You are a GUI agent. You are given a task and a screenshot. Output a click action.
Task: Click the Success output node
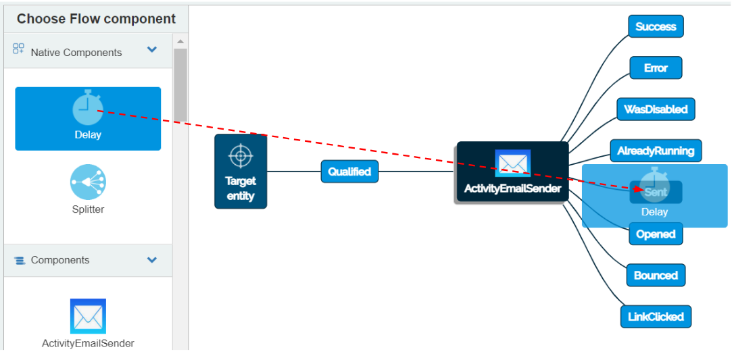[x=656, y=27]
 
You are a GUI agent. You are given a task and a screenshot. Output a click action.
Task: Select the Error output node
[x=656, y=68]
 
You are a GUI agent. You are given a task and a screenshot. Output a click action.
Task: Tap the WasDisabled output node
[x=656, y=109]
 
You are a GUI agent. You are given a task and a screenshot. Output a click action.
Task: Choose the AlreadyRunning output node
[x=656, y=151]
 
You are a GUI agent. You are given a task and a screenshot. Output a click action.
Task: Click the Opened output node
[x=656, y=234]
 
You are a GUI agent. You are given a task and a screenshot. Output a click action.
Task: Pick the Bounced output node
[x=656, y=276]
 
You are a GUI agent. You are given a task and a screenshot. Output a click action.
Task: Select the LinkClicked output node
[x=656, y=317]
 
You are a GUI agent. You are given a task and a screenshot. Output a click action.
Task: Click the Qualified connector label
[x=349, y=172]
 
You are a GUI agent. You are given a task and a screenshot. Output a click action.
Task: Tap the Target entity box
[x=241, y=172]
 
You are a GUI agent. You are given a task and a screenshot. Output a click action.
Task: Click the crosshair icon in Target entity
[x=241, y=156]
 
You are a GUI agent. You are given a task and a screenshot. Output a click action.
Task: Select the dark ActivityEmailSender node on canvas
[x=512, y=172]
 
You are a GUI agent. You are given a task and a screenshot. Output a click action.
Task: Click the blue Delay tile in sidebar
[x=88, y=119]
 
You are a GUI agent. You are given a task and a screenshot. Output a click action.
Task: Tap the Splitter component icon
[x=88, y=182]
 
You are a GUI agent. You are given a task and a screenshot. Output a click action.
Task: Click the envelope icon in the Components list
[x=88, y=316]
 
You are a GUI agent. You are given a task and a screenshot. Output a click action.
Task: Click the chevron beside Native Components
[x=152, y=50]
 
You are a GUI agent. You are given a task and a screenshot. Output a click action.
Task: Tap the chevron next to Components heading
[x=152, y=260]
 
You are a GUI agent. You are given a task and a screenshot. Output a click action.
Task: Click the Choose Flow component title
[x=96, y=19]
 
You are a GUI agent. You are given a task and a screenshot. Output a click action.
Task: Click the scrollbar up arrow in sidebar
[x=180, y=42]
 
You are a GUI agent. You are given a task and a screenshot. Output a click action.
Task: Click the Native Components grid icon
[x=19, y=49]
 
